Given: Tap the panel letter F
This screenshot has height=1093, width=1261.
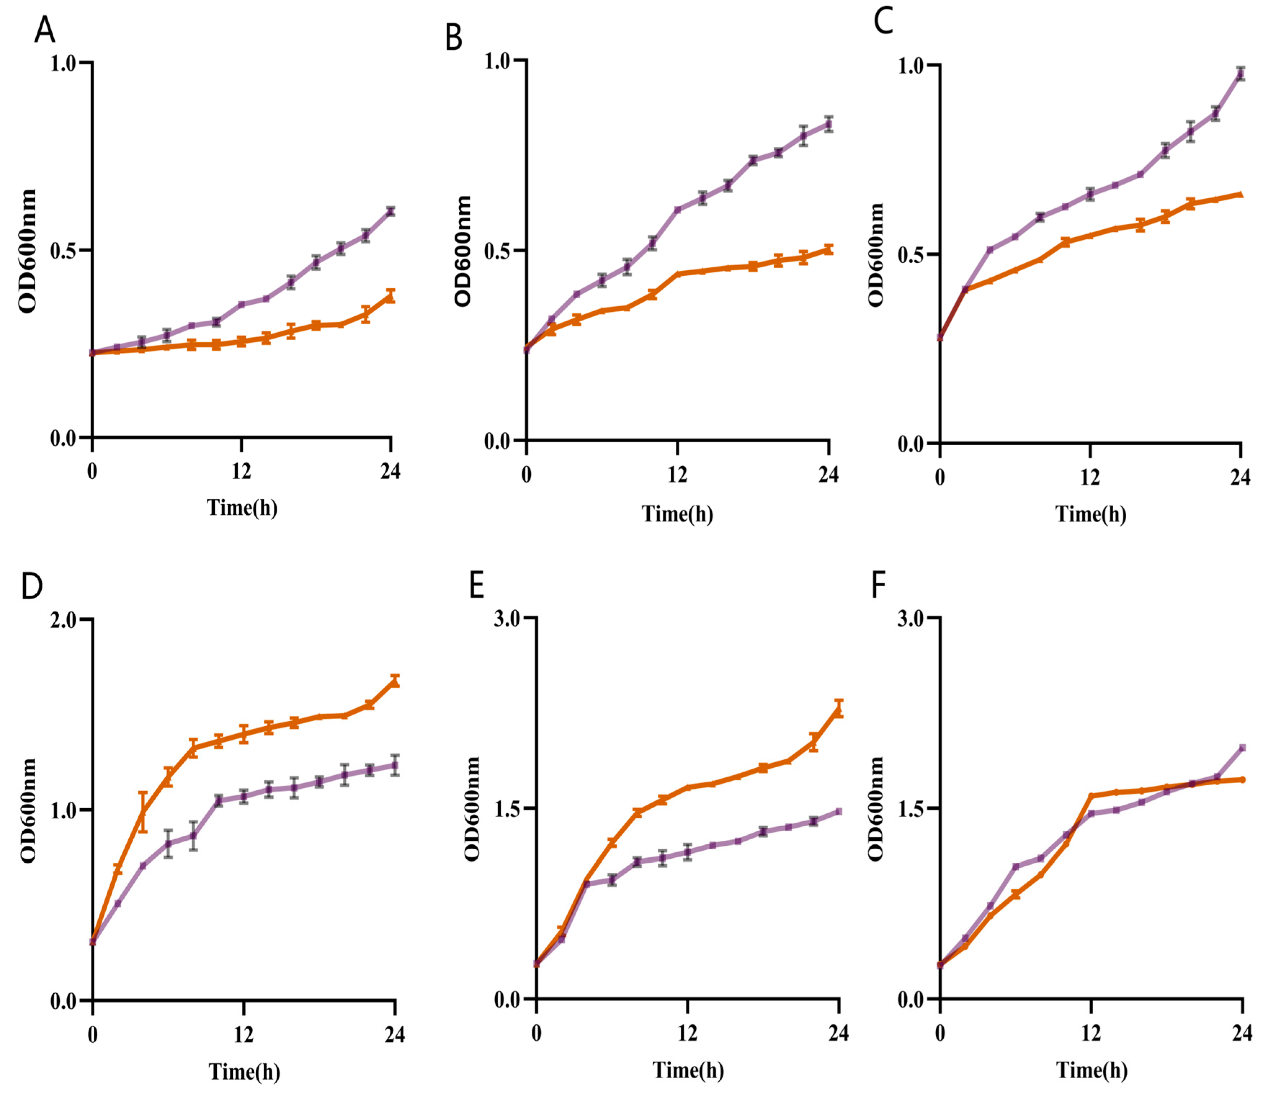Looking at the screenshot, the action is [878, 586].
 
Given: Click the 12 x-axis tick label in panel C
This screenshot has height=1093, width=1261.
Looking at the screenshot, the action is [1090, 477].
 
